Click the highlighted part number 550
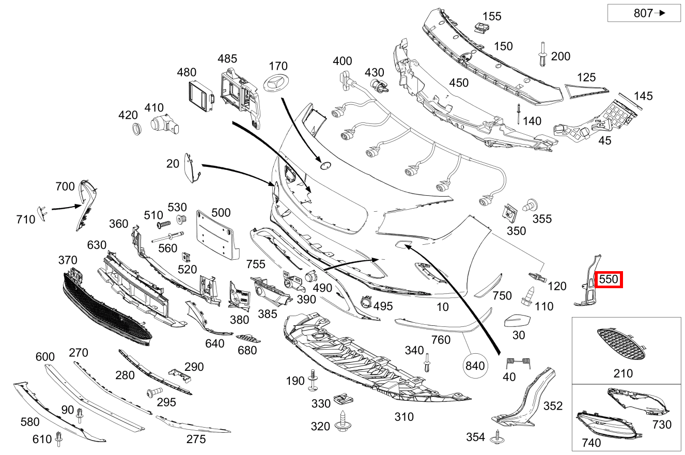(609, 279)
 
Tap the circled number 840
(475, 366)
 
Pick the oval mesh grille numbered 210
(621, 344)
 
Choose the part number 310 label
(404, 416)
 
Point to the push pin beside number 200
(542, 54)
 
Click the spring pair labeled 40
(510, 364)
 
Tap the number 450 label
(459, 83)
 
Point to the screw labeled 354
(499, 437)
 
